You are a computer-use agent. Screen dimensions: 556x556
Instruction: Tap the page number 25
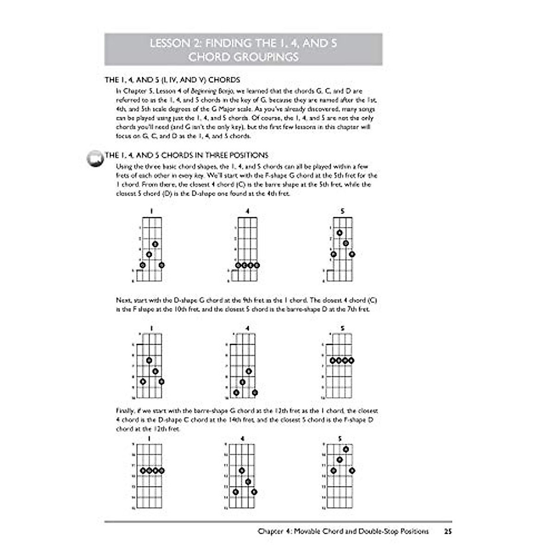[x=447, y=531]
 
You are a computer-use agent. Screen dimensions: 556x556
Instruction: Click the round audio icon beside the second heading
[x=95, y=158]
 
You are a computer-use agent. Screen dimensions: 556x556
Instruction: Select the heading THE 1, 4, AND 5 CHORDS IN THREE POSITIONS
[x=186, y=155]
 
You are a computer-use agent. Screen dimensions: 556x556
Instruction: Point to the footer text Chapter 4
[x=274, y=531]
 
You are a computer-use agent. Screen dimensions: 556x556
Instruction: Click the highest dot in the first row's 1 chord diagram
[x=155, y=244]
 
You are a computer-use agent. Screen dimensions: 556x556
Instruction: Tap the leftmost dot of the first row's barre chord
[x=238, y=265]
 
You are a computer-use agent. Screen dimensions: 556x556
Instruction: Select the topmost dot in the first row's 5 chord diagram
[x=340, y=233]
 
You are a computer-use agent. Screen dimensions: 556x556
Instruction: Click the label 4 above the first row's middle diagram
[x=247, y=211]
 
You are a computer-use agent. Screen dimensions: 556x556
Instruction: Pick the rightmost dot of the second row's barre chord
[x=352, y=360]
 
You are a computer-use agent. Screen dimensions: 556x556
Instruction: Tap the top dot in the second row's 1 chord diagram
[x=149, y=360]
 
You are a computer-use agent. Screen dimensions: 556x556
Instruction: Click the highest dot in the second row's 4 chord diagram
[x=249, y=371]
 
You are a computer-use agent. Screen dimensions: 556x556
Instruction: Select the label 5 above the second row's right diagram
[x=342, y=329]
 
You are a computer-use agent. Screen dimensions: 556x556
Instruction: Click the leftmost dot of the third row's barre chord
[x=143, y=471]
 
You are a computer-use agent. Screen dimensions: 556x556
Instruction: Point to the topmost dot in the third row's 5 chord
[x=346, y=449]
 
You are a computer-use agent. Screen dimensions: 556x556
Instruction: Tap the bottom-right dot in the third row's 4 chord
[x=254, y=492]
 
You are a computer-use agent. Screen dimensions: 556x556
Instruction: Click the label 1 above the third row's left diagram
[x=149, y=438]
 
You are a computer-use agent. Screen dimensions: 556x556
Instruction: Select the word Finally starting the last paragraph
[x=125, y=411]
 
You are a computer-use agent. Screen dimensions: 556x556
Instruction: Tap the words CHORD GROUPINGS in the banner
[x=243, y=57]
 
